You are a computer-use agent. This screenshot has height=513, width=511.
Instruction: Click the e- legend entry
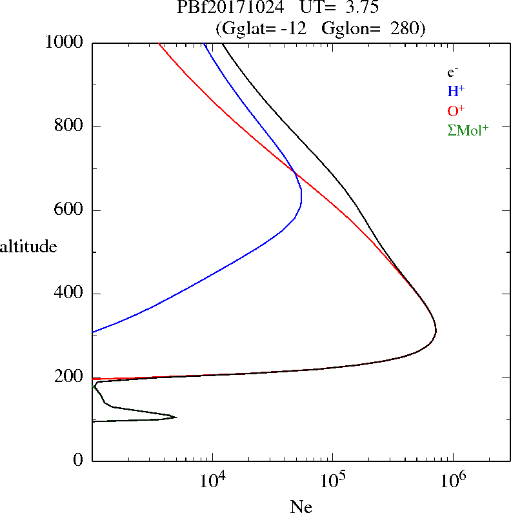[x=452, y=72]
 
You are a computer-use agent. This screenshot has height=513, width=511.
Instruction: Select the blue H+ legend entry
[x=456, y=90]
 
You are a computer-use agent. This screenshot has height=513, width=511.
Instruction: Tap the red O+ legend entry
[x=456, y=110]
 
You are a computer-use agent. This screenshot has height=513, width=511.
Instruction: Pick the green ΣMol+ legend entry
[x=468, y=130]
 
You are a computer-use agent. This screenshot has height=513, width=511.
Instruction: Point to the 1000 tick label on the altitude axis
[x=64, y=42]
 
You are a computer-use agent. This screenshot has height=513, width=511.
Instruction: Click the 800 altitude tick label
[x=68, y=125]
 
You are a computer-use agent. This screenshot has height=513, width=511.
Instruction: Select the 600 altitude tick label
[x=68, y=209]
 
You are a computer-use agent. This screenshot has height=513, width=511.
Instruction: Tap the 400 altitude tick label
[x=68, y=292]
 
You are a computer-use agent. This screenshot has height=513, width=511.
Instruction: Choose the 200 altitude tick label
[x=68, y=376]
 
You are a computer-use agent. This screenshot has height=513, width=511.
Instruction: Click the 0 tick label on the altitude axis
[x=78, y=459]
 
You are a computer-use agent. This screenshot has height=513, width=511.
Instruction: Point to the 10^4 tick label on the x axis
[x=213, y=480]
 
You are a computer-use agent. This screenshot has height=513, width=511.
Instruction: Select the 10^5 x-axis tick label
[x=333, y=480]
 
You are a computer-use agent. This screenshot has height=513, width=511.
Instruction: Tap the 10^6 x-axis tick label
[x=453, y=480]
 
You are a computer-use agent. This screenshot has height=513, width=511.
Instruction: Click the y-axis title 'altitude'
[x=28, y=246]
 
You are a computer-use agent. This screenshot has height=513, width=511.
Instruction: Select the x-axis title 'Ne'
[x=301, y=507]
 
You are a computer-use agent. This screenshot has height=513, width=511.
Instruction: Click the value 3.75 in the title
[x=362, y=7]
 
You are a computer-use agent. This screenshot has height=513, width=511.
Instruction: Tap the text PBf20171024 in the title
[x=230, y=7]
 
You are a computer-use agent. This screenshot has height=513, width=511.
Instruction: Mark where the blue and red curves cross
[x=294, y=171]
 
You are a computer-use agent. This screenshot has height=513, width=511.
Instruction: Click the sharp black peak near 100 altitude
[x=177, y=417]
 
